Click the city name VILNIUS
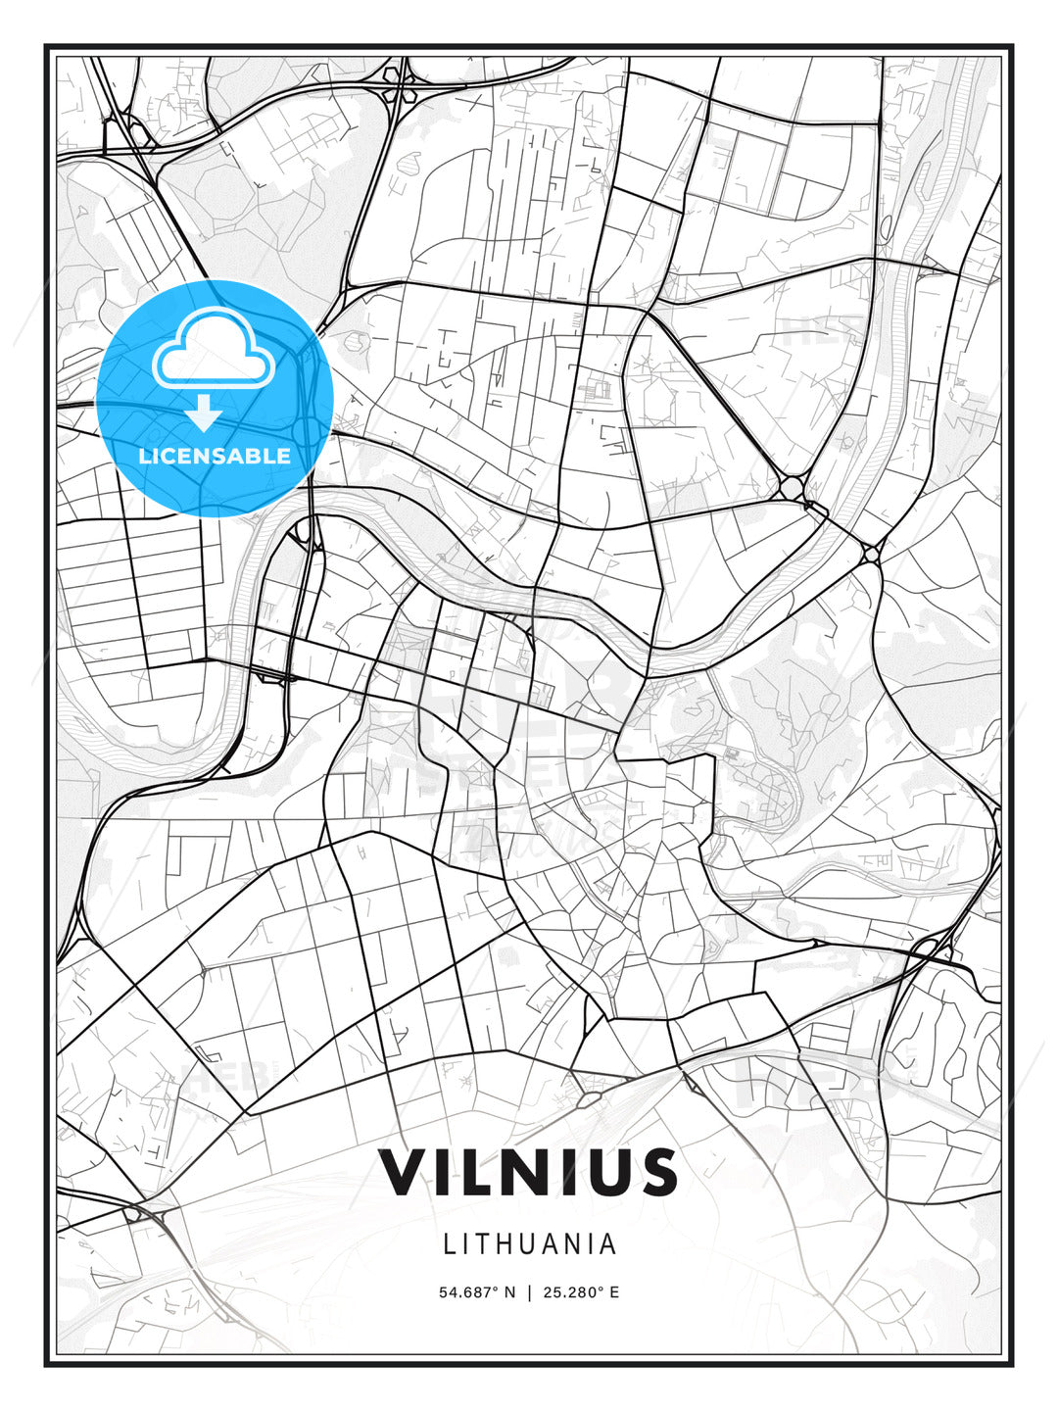click(x=529, y=1172)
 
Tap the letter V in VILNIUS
click(x=404, y=1172)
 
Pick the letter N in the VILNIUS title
click(x=517, y=1172)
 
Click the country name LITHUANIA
click(x=529, y=1244)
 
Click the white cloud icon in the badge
click(x=213, y=350)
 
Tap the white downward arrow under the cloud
click(x=204, y=413)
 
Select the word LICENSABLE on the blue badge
click(x=215, y=456)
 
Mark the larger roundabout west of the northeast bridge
click(x=792, y=487)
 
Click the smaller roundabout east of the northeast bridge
click(x=871, y=555)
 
